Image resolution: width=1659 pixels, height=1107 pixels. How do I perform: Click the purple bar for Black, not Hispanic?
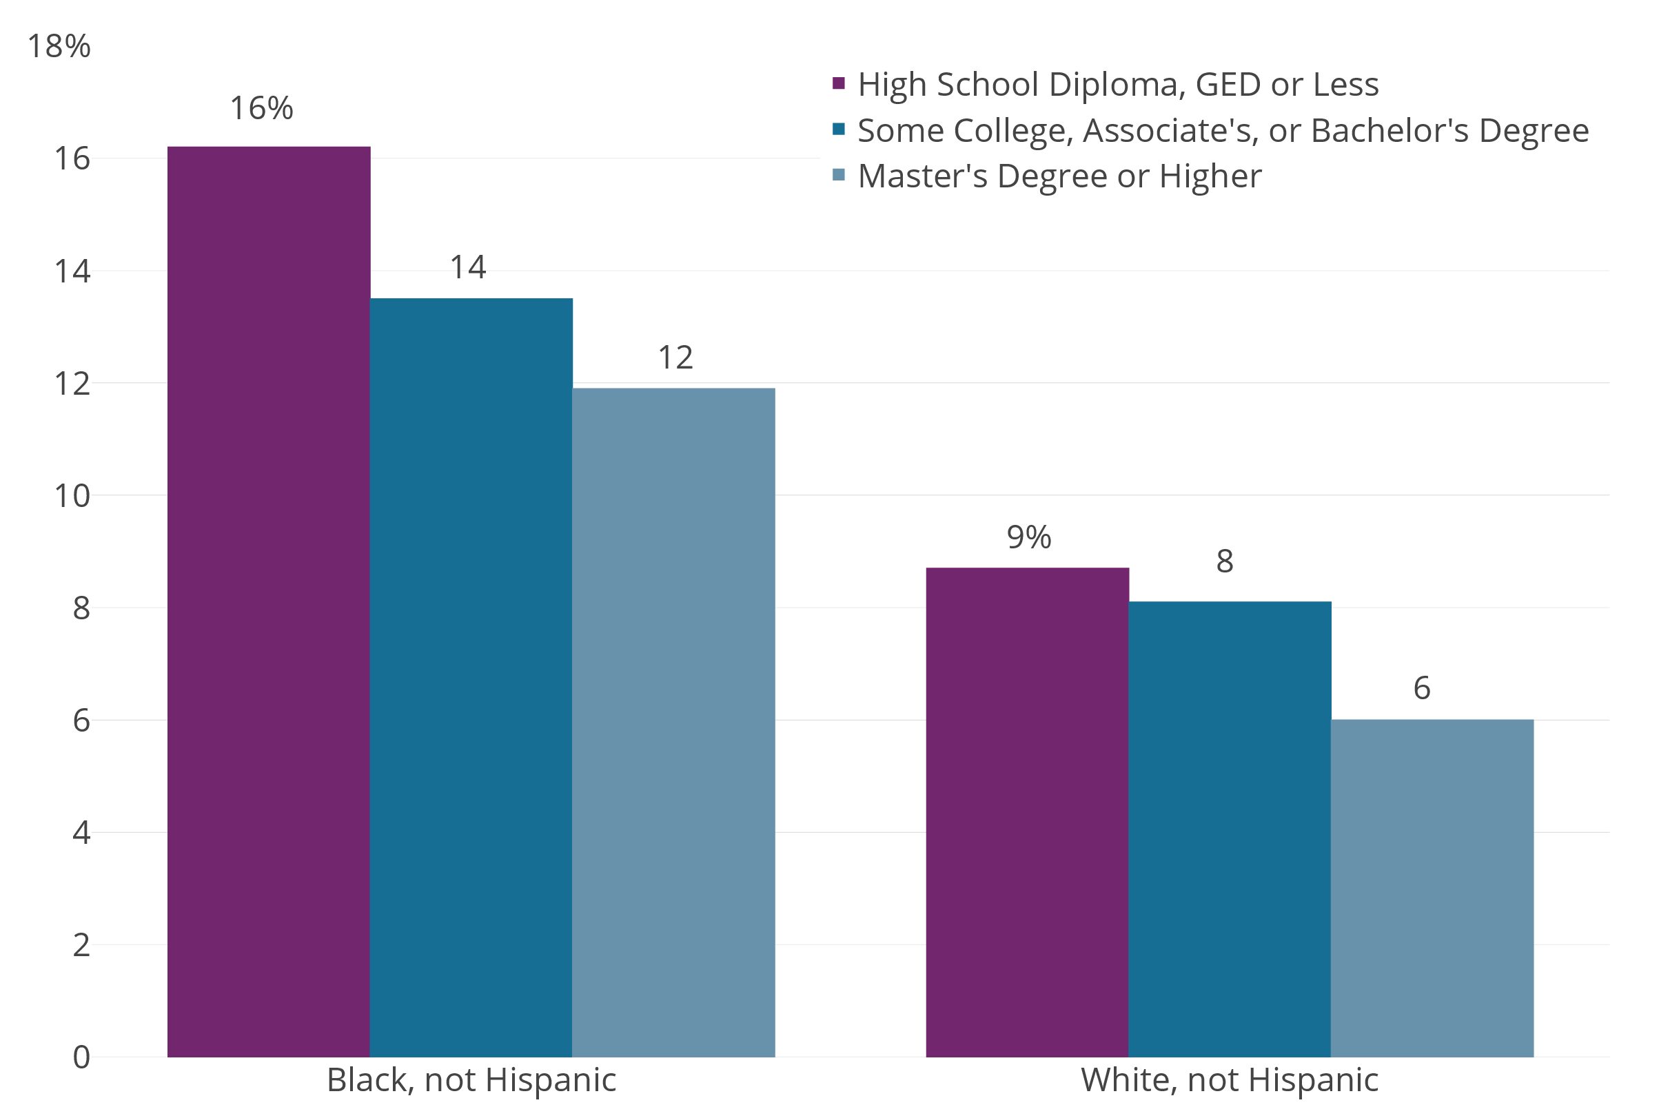[x=268, y=600]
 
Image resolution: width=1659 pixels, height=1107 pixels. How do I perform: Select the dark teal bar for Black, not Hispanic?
[x=471, y=678]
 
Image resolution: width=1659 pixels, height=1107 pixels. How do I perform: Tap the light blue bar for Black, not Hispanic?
[x=673, y=720]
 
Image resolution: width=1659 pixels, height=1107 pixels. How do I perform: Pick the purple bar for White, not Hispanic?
[x=1027, y=812]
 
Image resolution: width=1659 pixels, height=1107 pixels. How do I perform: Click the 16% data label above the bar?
[x=261, y=109]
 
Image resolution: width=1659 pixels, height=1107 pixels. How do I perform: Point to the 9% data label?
[x=1028, y=537]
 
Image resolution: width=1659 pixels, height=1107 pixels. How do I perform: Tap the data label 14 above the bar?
[x=467, y=267]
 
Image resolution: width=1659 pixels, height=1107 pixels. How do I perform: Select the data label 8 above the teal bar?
[x=1225, y=561]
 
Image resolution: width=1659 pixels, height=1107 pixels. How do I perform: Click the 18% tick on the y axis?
[x=59, y=47]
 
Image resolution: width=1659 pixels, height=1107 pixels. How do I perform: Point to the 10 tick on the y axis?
[x=72, y=496]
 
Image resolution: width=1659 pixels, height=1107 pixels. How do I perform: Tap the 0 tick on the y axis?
[x=81, y=1057]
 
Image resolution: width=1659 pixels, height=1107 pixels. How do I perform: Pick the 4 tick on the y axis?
[x=81, y=833]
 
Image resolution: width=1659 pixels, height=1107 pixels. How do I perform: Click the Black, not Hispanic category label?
[x=471, y=1080]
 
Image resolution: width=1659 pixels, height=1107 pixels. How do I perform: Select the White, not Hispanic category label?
[x=1230, y=1080]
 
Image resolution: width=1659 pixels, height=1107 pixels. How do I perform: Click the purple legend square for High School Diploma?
[x=839, y=83]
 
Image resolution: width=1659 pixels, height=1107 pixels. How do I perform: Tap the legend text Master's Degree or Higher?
[x=1059, y=176]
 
